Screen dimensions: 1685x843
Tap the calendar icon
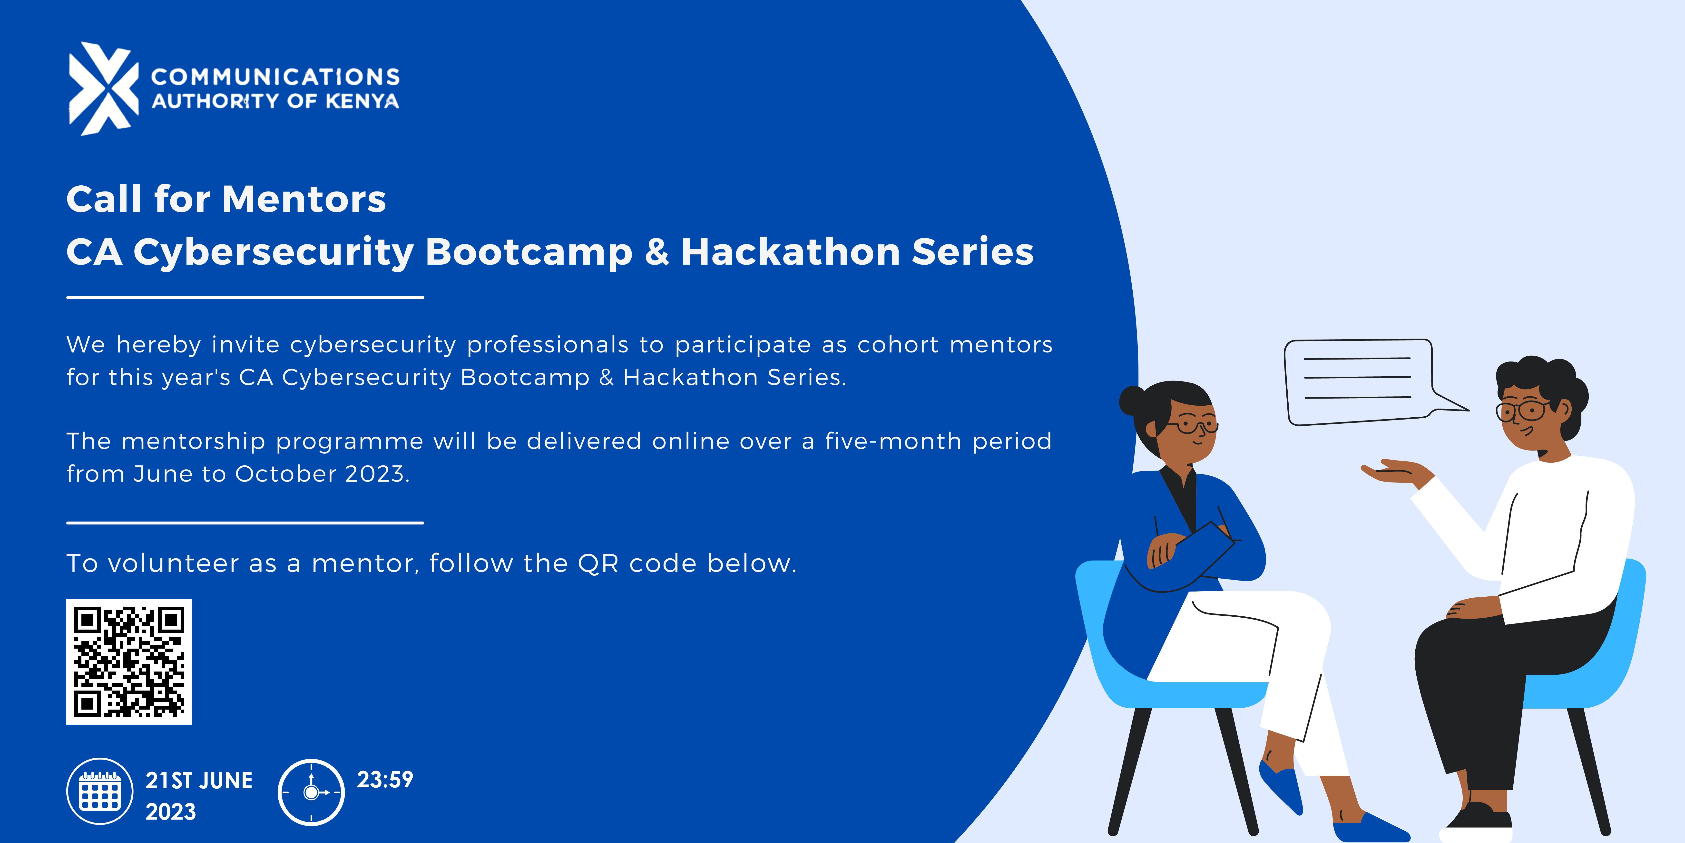(x=99, y=791)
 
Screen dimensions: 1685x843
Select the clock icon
(x=311, y=792)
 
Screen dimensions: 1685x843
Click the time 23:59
(x=385, y=780)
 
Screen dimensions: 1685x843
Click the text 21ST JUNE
(x=199, y=781)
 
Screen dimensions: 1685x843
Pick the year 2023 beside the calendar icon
(x=171, y=812)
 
